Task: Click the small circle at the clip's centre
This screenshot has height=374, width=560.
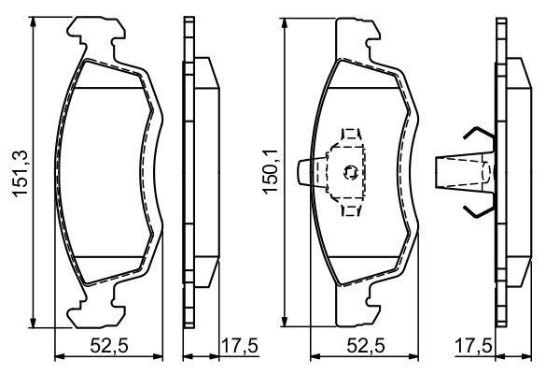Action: [x=350, y=171]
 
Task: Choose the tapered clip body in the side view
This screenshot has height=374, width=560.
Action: [x=462, y=171]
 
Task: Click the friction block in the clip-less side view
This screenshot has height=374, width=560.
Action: [x=208, y=171]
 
